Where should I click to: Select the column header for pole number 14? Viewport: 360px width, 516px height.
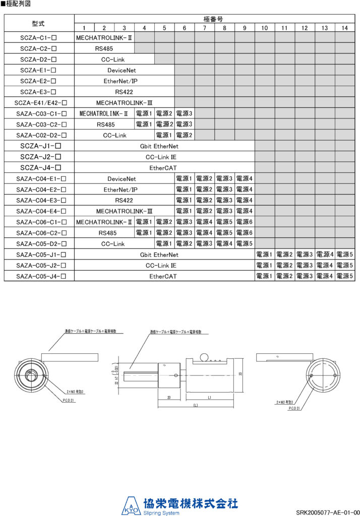pos(345,27)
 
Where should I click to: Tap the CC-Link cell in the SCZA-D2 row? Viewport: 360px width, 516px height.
pos(114,59)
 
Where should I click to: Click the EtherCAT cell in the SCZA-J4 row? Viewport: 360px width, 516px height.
pos(164,168)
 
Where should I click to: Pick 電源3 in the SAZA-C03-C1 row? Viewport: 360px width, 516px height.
pos(185,113)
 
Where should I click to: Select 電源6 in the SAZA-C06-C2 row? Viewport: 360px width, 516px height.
pos(245,233)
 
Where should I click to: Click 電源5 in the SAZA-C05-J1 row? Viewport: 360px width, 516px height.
pos(345,254)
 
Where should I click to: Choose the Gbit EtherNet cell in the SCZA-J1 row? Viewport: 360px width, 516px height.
pos(164,146)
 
